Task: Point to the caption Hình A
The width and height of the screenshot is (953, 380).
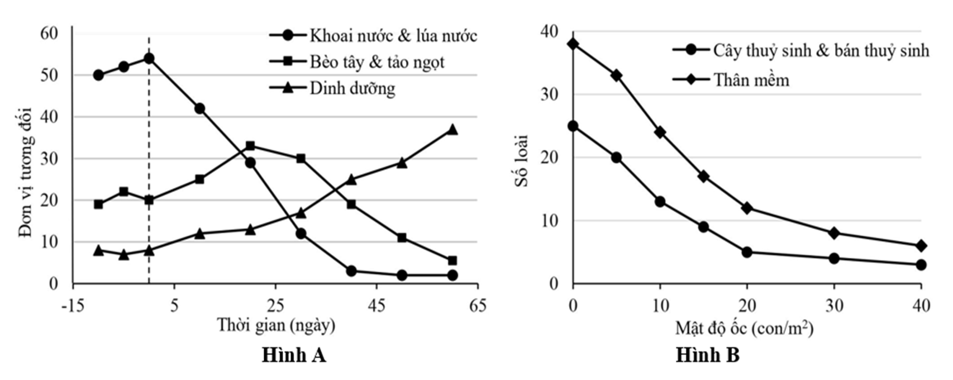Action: [x=294, y=355]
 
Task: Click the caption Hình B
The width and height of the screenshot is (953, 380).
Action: [x=707, y=355]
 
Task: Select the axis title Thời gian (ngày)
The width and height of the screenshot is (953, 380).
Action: [x=276, y=325]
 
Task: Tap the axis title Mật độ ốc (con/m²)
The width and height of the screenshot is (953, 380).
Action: [x=744, y=327]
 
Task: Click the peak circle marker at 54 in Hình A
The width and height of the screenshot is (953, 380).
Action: [x=149, y=58]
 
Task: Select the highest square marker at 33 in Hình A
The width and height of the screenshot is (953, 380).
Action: [x=250, y=146]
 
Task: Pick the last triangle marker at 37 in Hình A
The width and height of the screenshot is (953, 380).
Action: [x=452, y=130]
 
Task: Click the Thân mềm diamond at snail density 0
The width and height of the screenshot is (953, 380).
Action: [x=573, y=44]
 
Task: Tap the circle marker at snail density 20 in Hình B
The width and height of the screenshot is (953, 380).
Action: [x=747, y=252]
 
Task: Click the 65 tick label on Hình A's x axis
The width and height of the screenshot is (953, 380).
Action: [x=478, y=306]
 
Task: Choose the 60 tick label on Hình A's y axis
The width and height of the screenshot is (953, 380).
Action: [x=49, y=34]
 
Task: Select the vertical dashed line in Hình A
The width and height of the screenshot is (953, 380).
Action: [x=149, y=168]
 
